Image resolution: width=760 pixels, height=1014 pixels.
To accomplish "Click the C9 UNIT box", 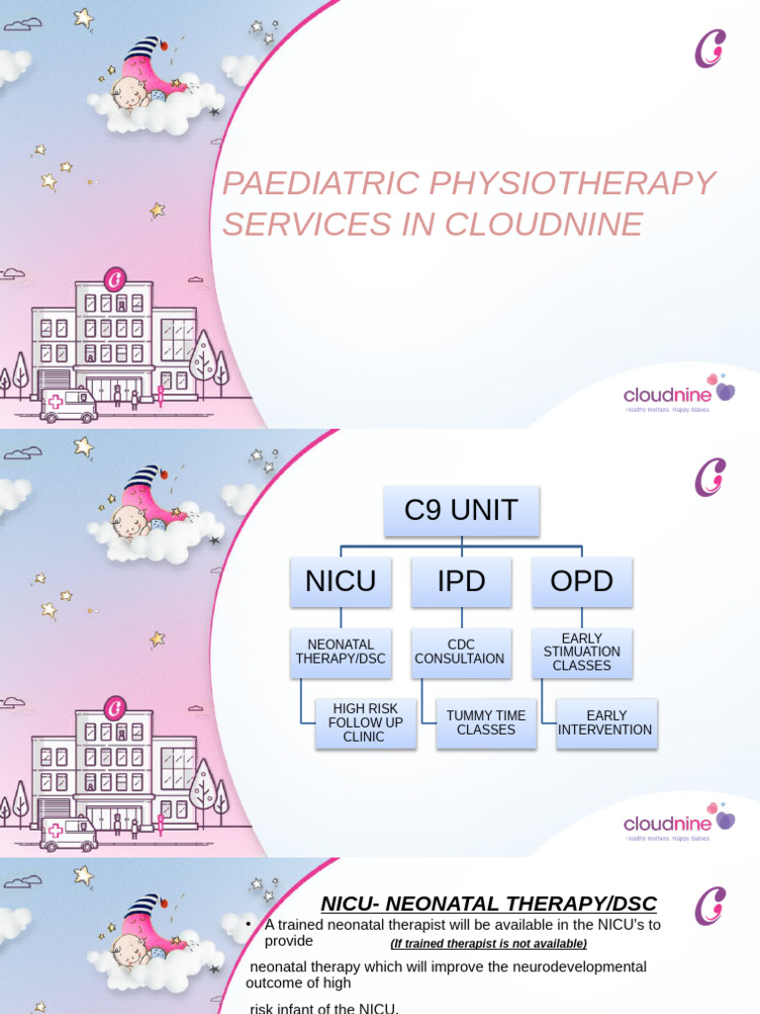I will (461, 511).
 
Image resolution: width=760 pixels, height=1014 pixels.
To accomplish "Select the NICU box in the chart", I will (340, 581).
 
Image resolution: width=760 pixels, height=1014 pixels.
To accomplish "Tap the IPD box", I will (461, 581).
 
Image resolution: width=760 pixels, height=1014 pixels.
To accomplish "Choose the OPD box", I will (582, 581).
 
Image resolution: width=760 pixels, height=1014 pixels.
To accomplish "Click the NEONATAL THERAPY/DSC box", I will (340, 652).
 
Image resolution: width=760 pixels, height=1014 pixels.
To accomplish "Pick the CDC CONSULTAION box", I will (461, 652).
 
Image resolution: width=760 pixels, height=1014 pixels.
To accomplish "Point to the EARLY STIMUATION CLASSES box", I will (582, 652).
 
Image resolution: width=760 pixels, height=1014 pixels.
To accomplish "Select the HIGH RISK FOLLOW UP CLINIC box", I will (365, 723).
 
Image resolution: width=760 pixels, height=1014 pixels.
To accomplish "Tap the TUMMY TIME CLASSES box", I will (486, 723).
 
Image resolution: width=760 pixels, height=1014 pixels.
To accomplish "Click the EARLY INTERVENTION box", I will (607, 723).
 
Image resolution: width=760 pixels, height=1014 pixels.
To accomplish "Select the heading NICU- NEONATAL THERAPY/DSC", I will (489, 903).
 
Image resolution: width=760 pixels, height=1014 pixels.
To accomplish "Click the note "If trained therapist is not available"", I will (489, 944).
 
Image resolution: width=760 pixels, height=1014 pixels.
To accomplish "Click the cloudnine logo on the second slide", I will (679, 823).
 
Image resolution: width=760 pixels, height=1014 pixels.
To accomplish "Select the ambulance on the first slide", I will (68, 404).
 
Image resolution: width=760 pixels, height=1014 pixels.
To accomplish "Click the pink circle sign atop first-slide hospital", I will (115, 279).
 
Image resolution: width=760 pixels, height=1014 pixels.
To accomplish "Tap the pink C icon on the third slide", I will (711, 907).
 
